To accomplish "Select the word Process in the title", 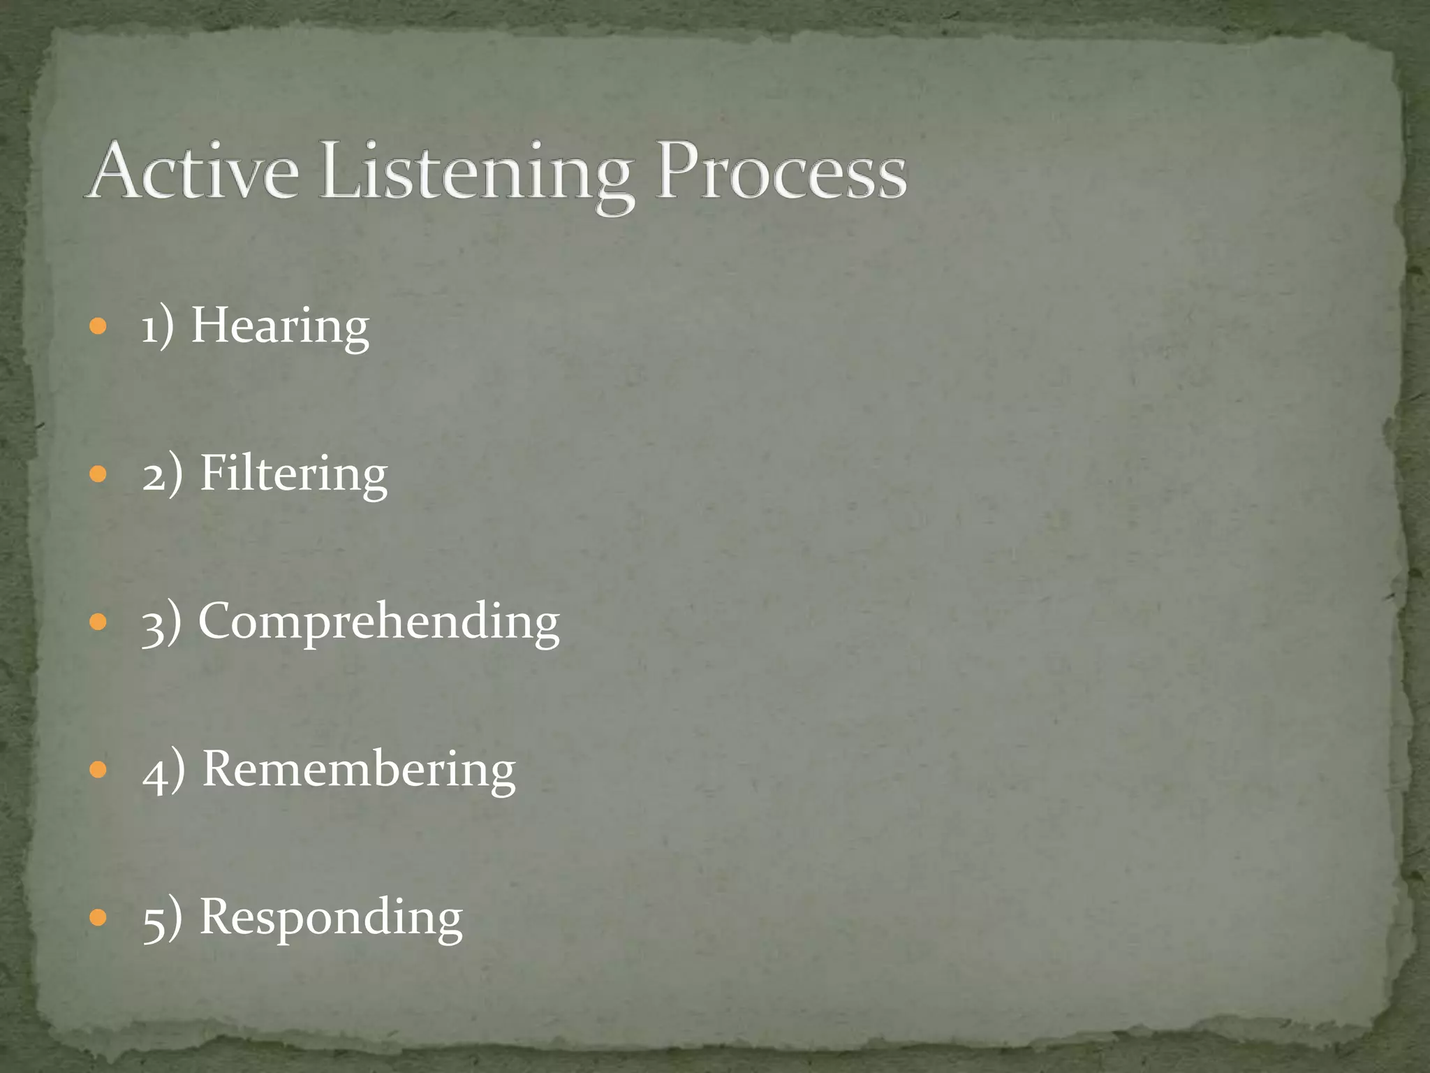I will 782,172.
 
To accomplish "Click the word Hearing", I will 280,327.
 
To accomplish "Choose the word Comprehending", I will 378,622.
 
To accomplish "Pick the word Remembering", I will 359,770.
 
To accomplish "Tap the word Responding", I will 331,917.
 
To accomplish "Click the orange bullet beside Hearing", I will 98,326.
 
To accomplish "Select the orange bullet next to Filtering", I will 98,474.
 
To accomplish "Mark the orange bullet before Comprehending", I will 98,622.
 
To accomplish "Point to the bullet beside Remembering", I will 98,770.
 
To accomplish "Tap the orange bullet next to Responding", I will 98,917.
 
